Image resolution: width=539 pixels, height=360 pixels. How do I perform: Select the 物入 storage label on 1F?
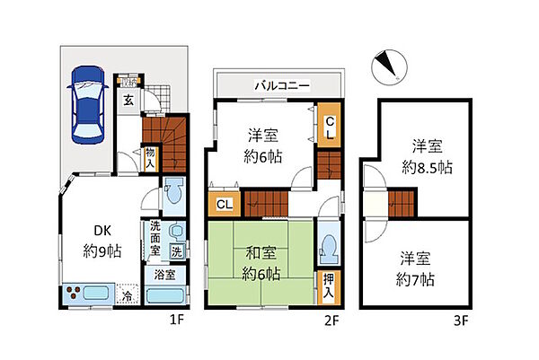click(x=149, y=159)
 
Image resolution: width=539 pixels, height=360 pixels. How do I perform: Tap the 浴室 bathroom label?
click(x=163, y=274)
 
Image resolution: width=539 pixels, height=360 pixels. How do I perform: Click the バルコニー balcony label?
click(x=281, y=85)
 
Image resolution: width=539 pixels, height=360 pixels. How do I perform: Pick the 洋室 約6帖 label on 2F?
click(x=262, y=144)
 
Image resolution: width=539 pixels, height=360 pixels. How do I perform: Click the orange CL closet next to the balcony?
click(x=330, y=124)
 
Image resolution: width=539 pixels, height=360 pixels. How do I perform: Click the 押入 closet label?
click(x=330, y=285)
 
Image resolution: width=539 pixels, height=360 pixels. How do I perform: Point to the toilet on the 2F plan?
click(x=330, y=244)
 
